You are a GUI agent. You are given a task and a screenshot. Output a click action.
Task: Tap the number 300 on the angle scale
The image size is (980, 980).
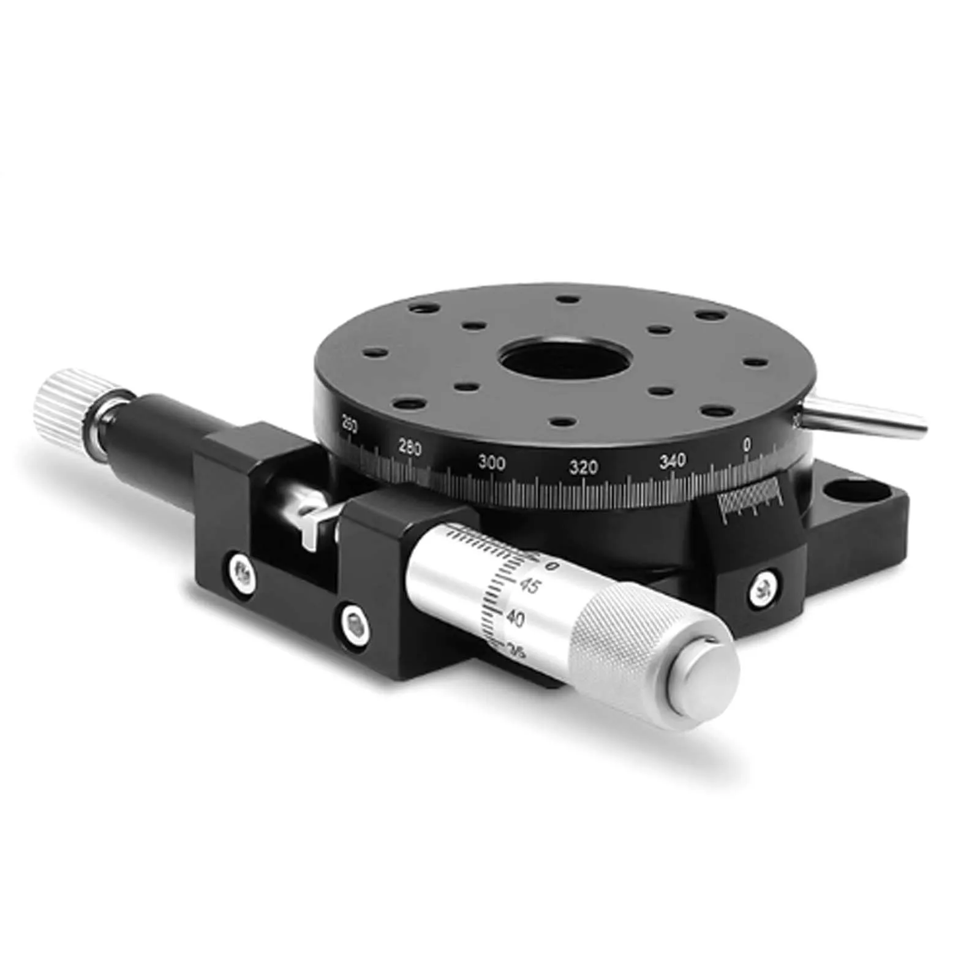(492, 462)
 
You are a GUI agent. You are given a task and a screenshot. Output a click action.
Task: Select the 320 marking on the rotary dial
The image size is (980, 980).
(583, 468)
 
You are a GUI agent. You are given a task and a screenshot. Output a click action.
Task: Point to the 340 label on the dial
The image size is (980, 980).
(673, 460)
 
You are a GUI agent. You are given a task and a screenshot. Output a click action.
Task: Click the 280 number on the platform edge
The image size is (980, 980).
(409, 449)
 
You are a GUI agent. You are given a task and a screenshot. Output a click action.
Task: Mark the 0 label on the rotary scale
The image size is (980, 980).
(747, 445)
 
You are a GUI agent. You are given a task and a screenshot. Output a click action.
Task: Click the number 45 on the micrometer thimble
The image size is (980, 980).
(529, 587)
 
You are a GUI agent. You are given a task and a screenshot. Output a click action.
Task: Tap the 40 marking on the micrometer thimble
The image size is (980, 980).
(515, 620)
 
